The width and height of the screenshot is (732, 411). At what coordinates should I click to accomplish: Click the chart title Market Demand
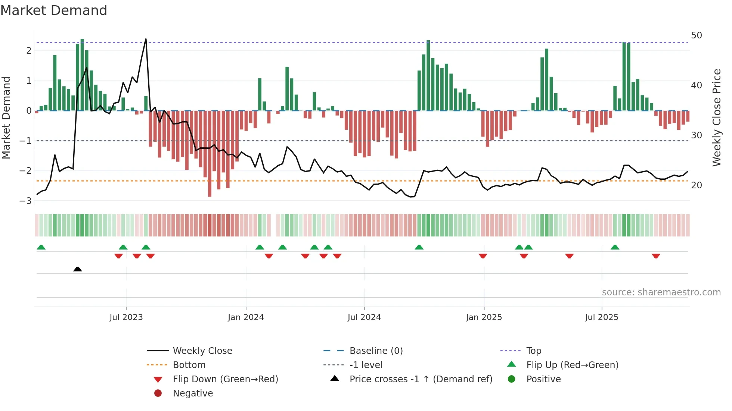[x=54, y=10]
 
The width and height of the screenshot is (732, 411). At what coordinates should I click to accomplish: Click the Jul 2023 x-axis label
[x=126, y=317]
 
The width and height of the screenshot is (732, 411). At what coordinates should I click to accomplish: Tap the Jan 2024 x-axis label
[x=246, y=317]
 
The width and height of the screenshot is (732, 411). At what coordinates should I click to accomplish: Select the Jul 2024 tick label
[x=364, y=317]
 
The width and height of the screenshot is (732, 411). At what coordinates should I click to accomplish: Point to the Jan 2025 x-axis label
[x=484, y=317]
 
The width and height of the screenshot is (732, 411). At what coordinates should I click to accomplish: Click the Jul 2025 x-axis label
[x=602, y=317]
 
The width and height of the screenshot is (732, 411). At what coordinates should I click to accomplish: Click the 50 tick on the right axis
[x=697, y=35]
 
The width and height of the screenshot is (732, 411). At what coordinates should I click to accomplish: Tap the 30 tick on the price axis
[x=697, y=135]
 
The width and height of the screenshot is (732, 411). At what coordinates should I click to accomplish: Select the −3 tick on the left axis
[x=25, y=201]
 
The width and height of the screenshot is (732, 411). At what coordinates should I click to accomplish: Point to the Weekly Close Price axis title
[x=716, y=117]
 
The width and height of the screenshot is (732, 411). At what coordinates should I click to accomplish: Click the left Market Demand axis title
[x=6, y=117]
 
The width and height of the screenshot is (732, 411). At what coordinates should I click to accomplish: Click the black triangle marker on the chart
[x=78, y=269]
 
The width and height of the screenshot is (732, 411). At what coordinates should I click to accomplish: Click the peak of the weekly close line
[x=146, y=39]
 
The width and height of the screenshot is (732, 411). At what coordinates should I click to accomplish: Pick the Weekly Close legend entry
[x=202, y=351]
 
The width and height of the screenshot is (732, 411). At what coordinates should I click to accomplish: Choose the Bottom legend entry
[x=189, y=365]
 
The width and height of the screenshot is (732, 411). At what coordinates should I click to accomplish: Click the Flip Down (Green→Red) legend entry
[x=225, y=379]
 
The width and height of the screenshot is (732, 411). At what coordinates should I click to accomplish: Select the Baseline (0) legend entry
[x=376, y=351]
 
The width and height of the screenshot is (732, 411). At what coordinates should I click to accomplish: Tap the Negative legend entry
[x=193, y=393]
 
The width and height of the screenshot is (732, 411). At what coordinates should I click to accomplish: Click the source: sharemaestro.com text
[x=661, y=292]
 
